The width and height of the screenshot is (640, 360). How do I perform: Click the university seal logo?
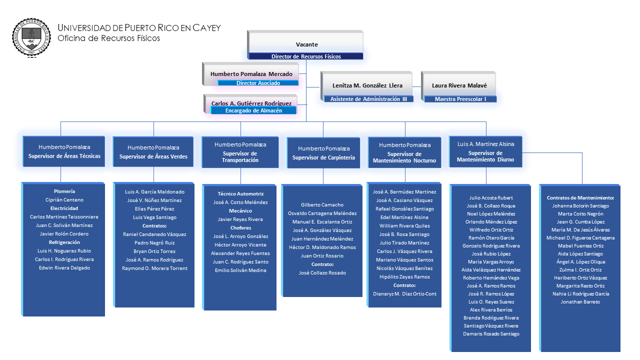[31, 37]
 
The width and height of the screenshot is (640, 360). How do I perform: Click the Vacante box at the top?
[306, 44]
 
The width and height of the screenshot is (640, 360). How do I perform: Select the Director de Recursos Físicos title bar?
[306, 56]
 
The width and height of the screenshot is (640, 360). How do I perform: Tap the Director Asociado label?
[258, 83]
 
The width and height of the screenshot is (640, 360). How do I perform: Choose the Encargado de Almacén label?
[253, 110]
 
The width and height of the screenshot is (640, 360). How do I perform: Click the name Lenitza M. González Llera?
[367, 85]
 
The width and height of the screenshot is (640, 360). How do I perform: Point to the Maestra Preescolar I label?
[460, 99]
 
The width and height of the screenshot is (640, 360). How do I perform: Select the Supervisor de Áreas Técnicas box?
[64, 151]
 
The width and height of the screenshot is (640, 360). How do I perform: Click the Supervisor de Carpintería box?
[323, 153]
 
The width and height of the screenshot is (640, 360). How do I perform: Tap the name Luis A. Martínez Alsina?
[485, 144]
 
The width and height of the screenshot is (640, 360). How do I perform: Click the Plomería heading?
[64, 191]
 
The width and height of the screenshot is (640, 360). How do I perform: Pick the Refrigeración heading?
[64, 242]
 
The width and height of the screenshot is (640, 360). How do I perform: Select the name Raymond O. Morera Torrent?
[154, 268]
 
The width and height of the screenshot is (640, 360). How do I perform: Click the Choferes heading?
[240, 228]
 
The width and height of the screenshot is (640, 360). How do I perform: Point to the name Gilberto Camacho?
[322, 205]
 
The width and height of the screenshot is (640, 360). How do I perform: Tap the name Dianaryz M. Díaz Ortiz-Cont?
[404, 294]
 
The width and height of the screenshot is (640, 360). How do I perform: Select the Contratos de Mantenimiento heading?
[580, 198]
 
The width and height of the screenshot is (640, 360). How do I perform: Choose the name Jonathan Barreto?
[580, 302]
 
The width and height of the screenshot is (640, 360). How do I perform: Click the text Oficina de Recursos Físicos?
[108, 38]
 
